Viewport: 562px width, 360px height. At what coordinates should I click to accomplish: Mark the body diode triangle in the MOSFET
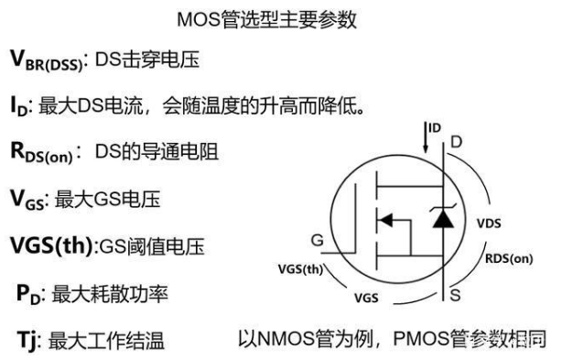tap(442, 219)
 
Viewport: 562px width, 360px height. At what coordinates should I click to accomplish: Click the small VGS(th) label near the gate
tap(300, 269)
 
